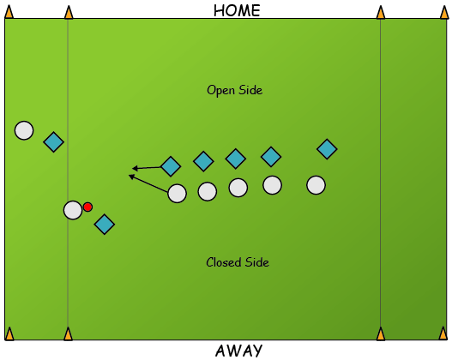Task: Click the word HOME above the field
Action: (237, 11)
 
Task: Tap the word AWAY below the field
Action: (238, 351)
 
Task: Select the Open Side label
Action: (235, 90)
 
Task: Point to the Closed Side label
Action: (238, 262)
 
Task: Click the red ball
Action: (87, 207)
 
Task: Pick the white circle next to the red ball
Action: (73, 210)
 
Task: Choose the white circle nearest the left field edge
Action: (24, 130)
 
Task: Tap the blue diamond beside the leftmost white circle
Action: (54, 142)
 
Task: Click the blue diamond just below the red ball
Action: (105, 224)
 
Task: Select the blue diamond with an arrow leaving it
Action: (171, 166)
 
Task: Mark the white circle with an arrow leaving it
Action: (177, 194)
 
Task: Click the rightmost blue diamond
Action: (327, 149)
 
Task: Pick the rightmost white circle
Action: (316, 185)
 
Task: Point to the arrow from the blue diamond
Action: (147, 168)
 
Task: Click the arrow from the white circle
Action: (148, 183)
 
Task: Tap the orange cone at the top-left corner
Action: (9, 12)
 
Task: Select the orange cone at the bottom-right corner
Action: (443, 333)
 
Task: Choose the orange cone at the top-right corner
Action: (444, 12)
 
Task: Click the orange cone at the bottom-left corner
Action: (9, 333)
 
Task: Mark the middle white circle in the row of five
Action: (238, 188)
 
